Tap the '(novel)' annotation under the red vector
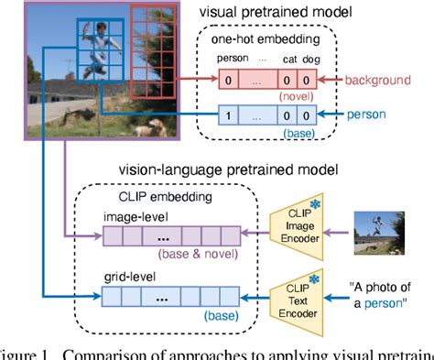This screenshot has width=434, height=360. pyautogui.click(x=292, y=98)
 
